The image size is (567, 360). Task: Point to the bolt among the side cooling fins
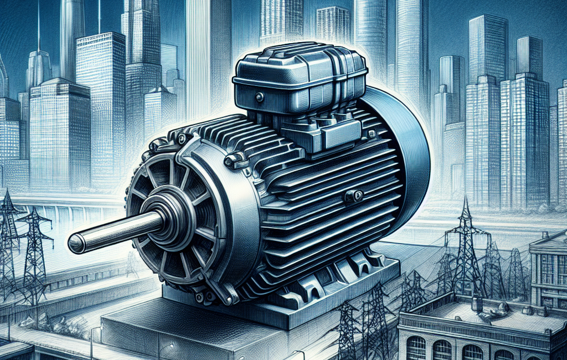point(353,196)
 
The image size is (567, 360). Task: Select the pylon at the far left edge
point(7,233)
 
